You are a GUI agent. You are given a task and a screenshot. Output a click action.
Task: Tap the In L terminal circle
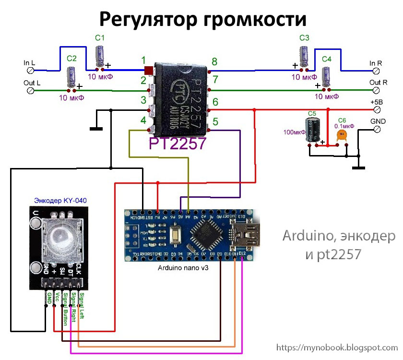click(x=32, y=70)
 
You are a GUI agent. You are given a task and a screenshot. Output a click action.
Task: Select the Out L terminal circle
click(x=32, y=90)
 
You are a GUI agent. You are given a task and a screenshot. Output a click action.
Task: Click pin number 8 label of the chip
click(x=214, y=61)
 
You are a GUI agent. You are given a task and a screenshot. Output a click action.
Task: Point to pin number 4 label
click(x=143, y=120)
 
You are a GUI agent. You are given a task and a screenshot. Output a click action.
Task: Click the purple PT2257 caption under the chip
click(x=177, y=144)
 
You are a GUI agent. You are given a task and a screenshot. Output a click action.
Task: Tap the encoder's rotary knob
click(x=59, y=236)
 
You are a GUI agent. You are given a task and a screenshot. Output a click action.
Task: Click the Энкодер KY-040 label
click(x=60, y=200)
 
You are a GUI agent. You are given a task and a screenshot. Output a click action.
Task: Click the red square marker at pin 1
click(x=149, y=71)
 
